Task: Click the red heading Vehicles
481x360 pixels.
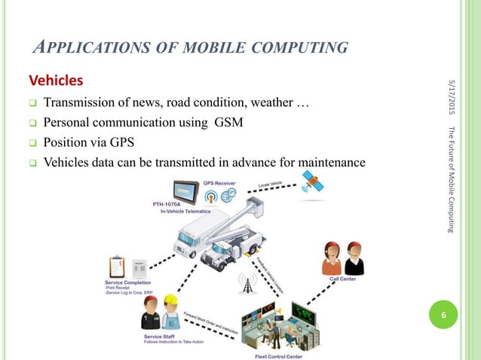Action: point(56,80)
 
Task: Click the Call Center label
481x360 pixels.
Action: point(344,278)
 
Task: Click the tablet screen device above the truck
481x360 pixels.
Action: point(185,193)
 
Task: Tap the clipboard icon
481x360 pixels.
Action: point(117,265)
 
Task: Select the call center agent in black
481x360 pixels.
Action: point(354,258)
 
